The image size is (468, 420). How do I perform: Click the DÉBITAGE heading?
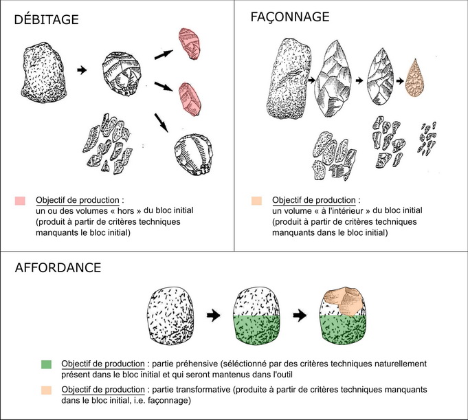(x=46, y=19)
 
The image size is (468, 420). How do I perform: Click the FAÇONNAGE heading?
(x=290, y=17)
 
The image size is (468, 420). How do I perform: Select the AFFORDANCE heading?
(x=58, y=267)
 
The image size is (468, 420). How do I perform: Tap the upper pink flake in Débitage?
(x=189, y=43)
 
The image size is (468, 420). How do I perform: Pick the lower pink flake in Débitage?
(x=190, y=99)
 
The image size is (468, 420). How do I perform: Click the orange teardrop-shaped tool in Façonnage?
(x=414, y=78)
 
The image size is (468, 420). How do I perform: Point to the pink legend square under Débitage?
(x=20, y=201)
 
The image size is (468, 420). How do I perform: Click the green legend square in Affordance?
(x=46, y=364)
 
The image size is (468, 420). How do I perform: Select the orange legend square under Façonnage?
(x=257, y=201)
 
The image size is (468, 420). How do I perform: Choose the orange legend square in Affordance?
(x=46, y=390)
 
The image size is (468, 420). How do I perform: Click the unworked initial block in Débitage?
(x=43, y=73)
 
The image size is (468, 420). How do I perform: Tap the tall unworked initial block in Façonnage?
(x=289, y=79)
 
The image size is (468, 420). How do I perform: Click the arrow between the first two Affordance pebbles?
(x=214, y=316)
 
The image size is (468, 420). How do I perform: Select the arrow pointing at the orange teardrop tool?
(x=400, y=80)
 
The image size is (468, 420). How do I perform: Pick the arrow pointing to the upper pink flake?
(x=164, y=54)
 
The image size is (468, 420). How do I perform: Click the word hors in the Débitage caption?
(x=125, y=211)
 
